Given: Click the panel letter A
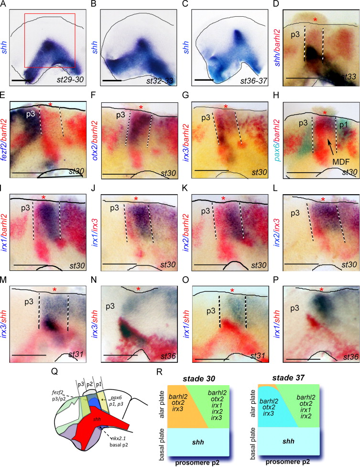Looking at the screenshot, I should tap(3, 4).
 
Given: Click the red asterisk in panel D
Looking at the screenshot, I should tap(315, 20).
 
